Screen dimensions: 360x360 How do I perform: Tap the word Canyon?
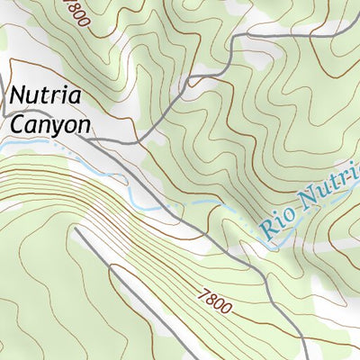point(50,124)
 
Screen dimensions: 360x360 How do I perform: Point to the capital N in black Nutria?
point(18,94)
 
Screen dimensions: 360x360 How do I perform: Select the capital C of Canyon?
point(18,124)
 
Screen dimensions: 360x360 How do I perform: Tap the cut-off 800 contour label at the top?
point(74,13)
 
